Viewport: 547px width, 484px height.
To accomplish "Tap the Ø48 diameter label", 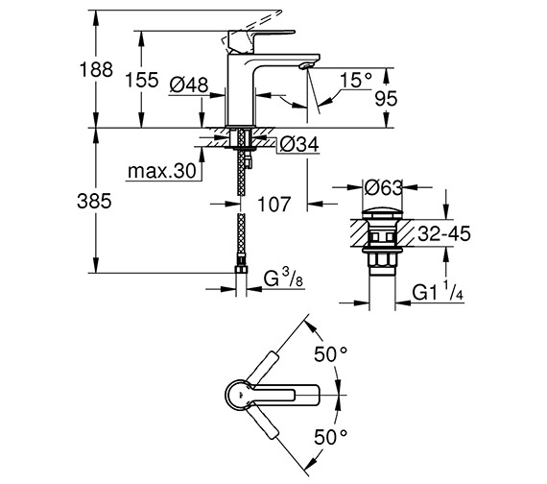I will coord(189,85).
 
